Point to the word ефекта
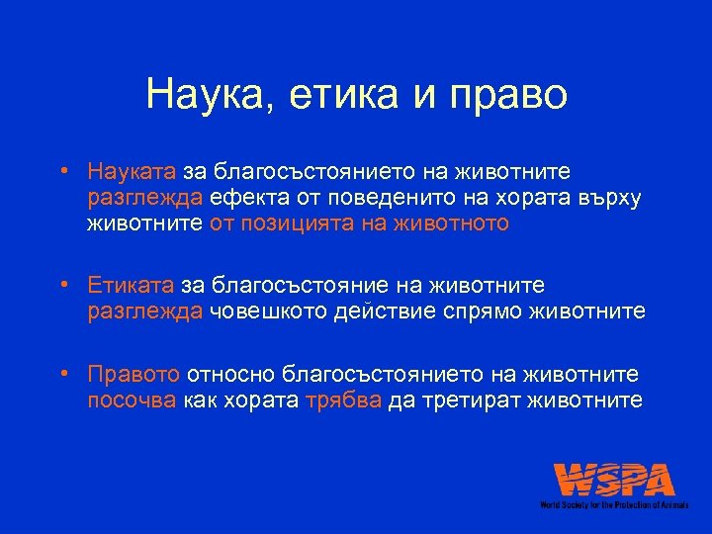pyautogui.click(x=259, y=199)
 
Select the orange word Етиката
pyautogui.click(x=130, y=287)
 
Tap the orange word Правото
pyautogui.click(x=133, y=375)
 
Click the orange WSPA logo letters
pyautogui.click(x=614, y=480)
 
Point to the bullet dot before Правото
pyautogui.click(x=62, y=375)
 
